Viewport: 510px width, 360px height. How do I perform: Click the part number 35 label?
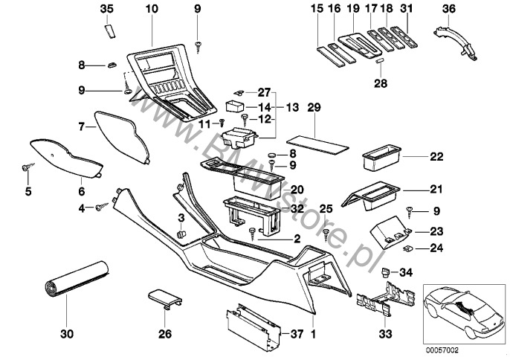(106, 8)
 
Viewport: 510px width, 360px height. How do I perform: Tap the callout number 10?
(152, 8)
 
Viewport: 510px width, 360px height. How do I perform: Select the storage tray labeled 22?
(379, 158)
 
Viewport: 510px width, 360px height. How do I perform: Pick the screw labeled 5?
(27, 168)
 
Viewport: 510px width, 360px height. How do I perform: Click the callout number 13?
(291, 107)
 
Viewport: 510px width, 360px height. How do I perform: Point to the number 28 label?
(381, 84)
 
